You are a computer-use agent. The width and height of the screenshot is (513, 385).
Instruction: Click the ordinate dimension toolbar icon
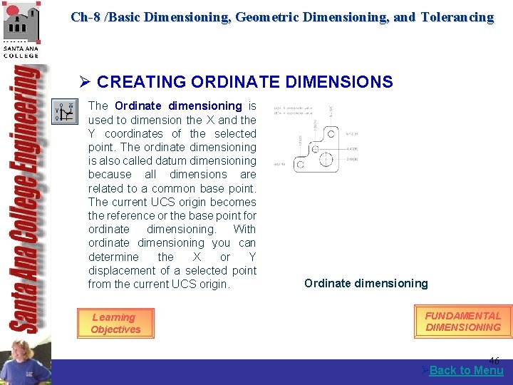(x=65, y=111)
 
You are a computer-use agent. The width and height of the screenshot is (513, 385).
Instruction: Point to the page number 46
(x=494, y=361)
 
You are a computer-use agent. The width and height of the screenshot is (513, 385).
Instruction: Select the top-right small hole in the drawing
(x=331, y=133)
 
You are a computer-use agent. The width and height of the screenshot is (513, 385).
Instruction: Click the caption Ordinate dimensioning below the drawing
(x=366, y=284)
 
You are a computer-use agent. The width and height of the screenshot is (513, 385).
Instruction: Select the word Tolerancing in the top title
(x=457, y=17)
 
